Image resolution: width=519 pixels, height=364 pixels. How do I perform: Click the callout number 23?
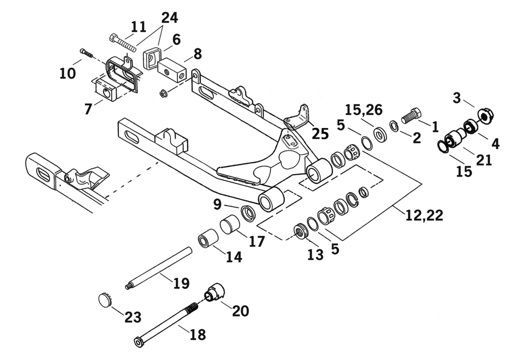[133, 317]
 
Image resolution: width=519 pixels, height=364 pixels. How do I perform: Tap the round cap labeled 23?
[104, 300]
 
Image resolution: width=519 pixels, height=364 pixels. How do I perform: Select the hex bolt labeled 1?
[412, 116]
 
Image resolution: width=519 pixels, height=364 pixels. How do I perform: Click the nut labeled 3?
[484, 116]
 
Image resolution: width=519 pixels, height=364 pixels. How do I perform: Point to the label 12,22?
[424, 215]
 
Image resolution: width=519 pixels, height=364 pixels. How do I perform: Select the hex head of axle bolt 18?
[139, 342]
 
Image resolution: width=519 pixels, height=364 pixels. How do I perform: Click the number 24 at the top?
[170, 17]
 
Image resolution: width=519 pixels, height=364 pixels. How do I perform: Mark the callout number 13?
[315, 254]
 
